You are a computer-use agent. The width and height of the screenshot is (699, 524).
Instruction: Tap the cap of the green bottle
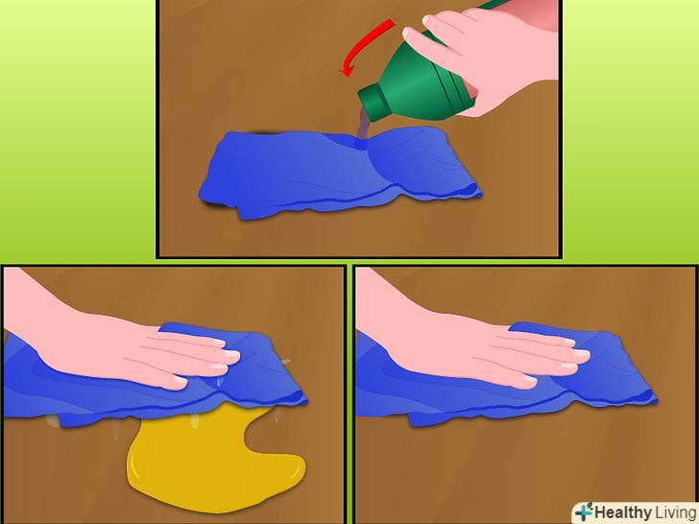point(374,103)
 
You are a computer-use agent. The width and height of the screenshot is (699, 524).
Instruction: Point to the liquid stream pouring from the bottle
point(362,126)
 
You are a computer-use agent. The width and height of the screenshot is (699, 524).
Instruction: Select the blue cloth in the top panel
point(339,174)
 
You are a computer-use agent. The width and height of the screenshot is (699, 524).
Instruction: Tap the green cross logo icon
point(584,512)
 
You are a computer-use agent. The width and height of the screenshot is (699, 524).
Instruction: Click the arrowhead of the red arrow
point(347,70)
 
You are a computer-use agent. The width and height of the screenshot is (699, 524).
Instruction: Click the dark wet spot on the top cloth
point(360,144)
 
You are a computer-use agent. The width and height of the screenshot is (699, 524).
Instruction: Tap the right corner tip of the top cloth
point(480,194)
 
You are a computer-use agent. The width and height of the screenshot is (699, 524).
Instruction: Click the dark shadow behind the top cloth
point(264,131)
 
